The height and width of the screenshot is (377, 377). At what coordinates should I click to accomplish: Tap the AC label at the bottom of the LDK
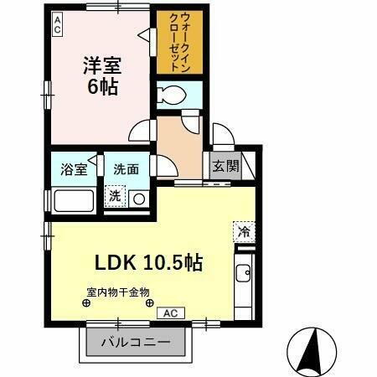[168, 313]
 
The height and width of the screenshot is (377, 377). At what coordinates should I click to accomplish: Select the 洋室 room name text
[100, 64]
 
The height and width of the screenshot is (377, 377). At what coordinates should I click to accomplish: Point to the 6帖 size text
[101, 85]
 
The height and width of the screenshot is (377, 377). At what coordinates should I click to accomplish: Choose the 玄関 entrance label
[225, 165]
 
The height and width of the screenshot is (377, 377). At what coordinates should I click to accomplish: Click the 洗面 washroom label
[126, 168]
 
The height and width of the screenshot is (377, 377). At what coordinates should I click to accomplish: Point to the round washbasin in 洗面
[138, 199]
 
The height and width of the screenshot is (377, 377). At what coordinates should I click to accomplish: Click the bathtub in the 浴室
[75, 201]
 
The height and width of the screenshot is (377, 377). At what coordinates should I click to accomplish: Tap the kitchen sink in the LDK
[243, 271]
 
